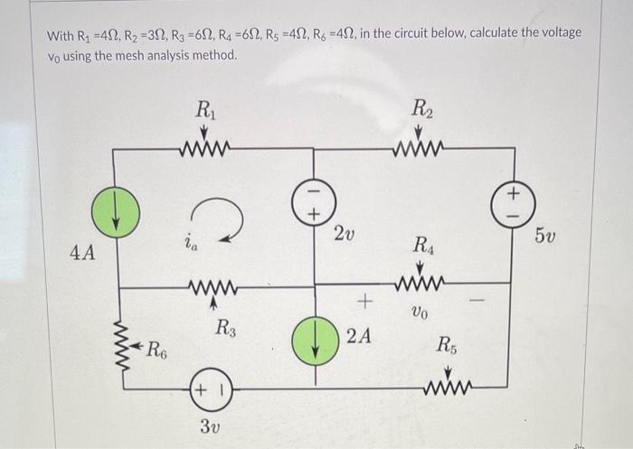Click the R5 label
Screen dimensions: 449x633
coord(448,344)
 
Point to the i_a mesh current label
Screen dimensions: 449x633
coord(190,242)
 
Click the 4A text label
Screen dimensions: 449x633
coord(82,252)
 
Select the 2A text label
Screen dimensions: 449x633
coord(359,338)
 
